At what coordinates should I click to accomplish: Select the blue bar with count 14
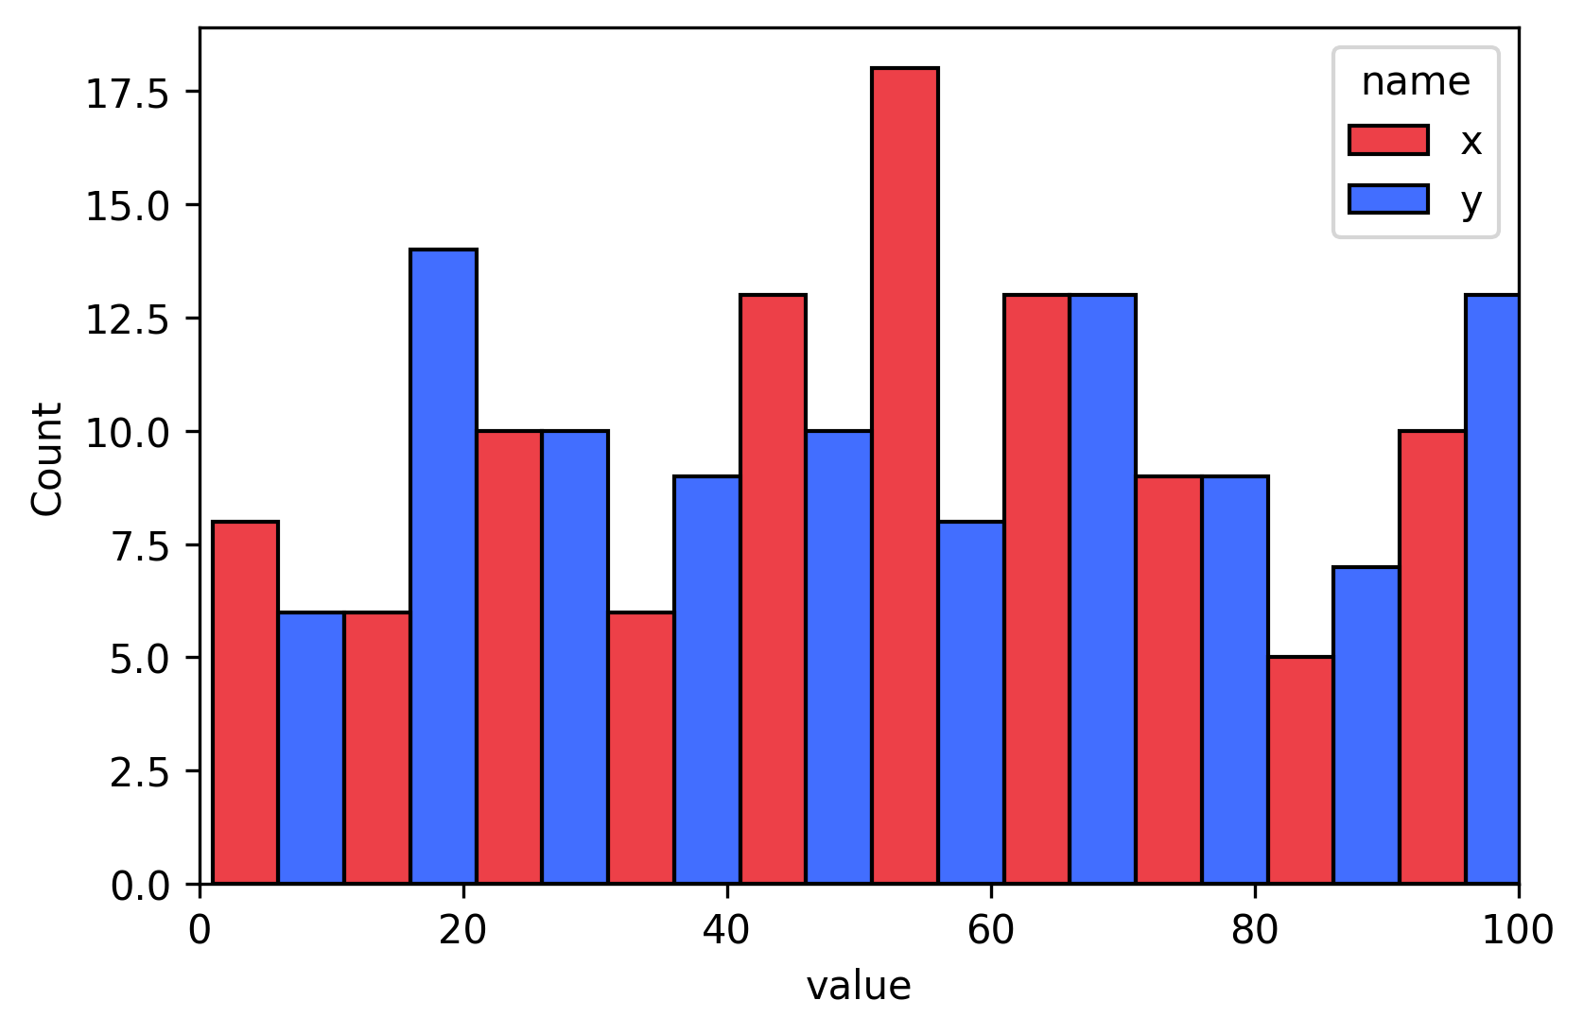(x=443, y=566)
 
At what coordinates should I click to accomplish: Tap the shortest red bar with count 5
(x=1300, y=770)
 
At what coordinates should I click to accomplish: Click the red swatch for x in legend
(x=1387, y=140)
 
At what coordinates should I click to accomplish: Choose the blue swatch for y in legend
(x=1387, y=198)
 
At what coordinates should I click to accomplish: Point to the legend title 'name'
(x=1415, y=82)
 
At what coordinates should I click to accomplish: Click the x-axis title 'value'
(x=858, y=986)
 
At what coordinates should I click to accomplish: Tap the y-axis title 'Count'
(x=46, y=459)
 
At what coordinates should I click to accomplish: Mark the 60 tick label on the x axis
(x=990, y=931)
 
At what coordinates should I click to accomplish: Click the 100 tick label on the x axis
(x=1517, y=931)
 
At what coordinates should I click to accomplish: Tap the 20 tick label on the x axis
(x=462, y=931)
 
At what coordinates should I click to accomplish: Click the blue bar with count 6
(x=311, y=748)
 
